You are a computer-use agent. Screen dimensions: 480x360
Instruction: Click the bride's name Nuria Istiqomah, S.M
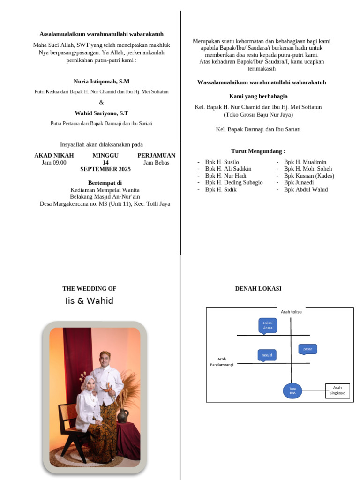(101, 82)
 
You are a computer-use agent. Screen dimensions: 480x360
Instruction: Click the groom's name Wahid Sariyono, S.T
(101, 113)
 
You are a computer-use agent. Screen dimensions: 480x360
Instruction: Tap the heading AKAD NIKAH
(54, 156)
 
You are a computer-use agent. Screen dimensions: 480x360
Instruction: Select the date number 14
(105, 163)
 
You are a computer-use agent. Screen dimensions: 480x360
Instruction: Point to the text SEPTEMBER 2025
(105, 169)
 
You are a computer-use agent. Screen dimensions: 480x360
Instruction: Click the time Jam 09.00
(54, 163)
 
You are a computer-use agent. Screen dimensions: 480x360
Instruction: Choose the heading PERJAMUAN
(156, 156)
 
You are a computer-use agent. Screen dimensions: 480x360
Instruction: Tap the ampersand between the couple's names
(101, 103)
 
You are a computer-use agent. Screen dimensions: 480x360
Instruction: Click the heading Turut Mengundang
(258, 151)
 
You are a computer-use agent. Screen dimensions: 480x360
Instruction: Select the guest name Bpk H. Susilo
(222, 162)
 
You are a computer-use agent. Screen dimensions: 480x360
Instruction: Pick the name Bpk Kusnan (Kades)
(309, 176)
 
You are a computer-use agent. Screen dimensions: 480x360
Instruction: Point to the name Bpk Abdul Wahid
(306, 190)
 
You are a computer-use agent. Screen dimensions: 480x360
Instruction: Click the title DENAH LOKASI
(258, 289)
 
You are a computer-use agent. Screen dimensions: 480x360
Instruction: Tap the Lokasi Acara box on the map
(268, 325)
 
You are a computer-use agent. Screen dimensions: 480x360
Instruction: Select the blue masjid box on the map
(267, 355)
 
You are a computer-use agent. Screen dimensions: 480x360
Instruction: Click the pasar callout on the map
(307, 349)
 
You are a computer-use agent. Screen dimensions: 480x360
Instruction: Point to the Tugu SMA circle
(292, 391)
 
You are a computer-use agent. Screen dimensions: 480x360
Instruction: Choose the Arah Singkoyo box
(337, 390)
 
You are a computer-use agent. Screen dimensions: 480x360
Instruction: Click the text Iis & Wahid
(89, 301)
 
